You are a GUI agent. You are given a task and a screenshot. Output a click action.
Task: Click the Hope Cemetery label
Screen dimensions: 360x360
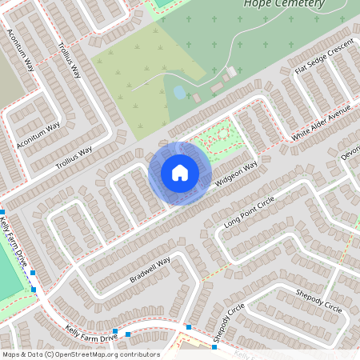point(284,4)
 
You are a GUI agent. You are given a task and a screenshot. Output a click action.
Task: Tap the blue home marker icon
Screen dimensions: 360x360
point(180,172)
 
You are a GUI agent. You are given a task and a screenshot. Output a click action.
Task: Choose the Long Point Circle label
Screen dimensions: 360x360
point(249,214)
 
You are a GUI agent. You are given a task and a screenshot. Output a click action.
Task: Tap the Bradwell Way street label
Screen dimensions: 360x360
point(150,270)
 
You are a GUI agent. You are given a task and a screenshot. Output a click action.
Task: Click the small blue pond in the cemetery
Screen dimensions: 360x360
point(179,92)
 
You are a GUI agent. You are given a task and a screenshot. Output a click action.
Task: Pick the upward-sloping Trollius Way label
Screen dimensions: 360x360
point(74,157)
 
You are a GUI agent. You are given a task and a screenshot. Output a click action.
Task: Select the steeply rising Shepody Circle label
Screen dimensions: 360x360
point(230,325)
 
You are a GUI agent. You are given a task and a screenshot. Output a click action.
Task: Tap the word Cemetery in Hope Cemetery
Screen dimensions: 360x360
point(298,4)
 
